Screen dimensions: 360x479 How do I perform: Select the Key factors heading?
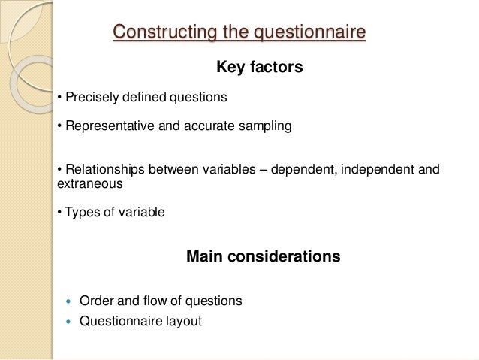259,68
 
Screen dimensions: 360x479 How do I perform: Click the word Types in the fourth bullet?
81,212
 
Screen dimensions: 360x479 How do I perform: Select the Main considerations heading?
263,256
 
